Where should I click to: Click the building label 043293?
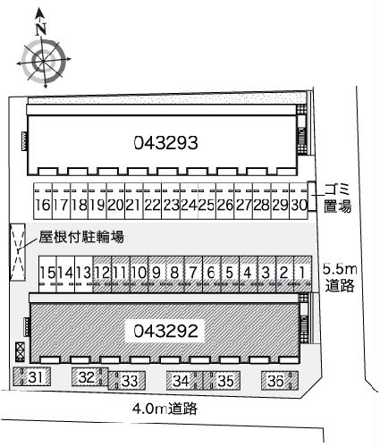tap(165, 141)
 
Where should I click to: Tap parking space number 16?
tap(42, 205)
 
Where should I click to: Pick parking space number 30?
tap(300, 205)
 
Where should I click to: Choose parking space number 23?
tap(172, 205)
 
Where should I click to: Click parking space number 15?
tap(48, 273)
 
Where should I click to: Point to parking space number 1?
tap(304, 273)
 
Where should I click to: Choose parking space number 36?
tap(276, 382)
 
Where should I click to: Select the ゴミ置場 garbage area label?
tap(337, 197)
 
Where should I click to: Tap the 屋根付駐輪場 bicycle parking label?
tap(80, 237)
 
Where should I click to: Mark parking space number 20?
tap(115, 205)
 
